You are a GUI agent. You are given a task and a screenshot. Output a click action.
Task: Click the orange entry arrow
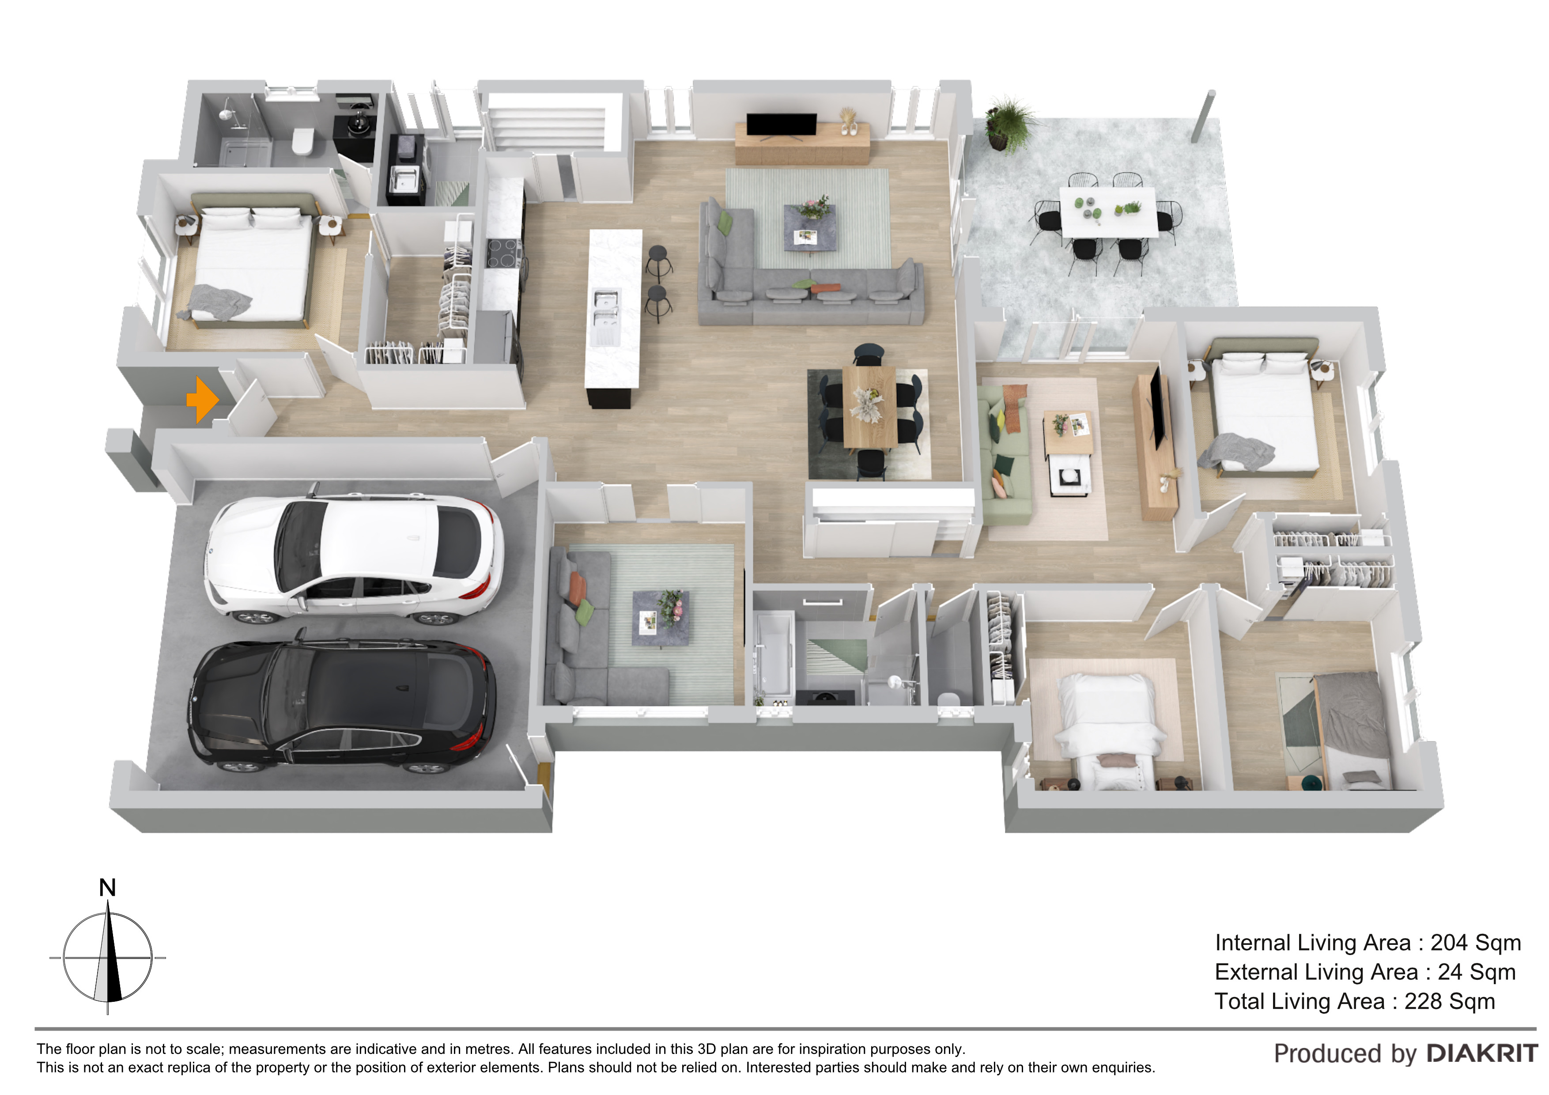pos(202,400)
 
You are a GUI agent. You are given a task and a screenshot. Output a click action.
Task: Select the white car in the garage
pos(354,557)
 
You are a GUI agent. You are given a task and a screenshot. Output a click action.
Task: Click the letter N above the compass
pos(107,888)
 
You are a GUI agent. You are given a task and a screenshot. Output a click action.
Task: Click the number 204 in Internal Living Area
pos(1449,943)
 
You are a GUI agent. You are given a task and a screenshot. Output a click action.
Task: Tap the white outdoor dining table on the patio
pos(1108,211)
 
